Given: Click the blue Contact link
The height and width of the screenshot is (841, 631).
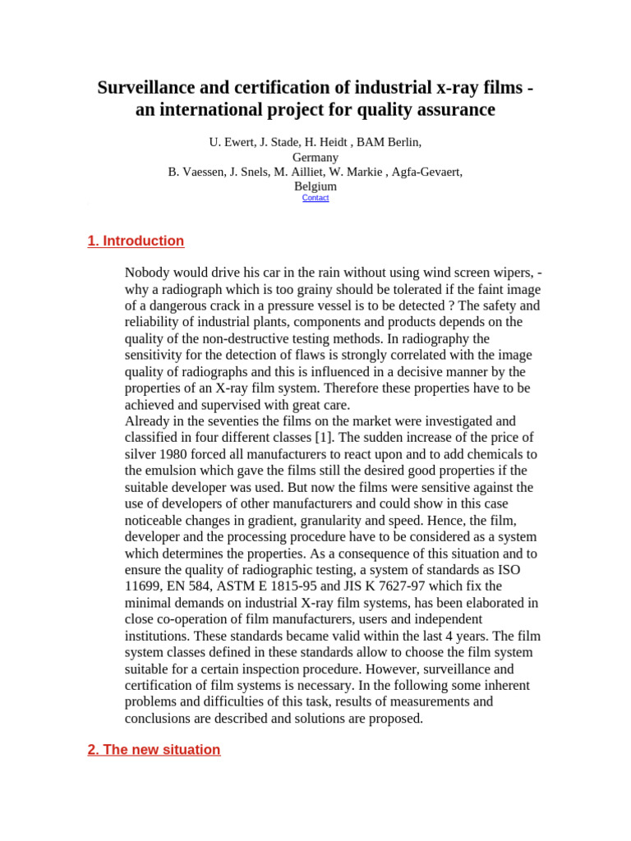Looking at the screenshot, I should coord(315,198).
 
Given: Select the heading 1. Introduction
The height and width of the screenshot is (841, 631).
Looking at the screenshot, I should coord(136,241).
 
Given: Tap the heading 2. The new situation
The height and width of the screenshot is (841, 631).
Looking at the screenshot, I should coord(154,749).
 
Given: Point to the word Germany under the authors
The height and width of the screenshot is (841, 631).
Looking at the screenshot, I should coord(315,157).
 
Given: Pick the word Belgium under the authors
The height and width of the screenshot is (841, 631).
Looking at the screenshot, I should coord(315,186).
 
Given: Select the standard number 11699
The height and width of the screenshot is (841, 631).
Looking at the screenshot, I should coord(143,586).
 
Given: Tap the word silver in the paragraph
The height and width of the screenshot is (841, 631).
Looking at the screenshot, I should coord(142,454).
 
